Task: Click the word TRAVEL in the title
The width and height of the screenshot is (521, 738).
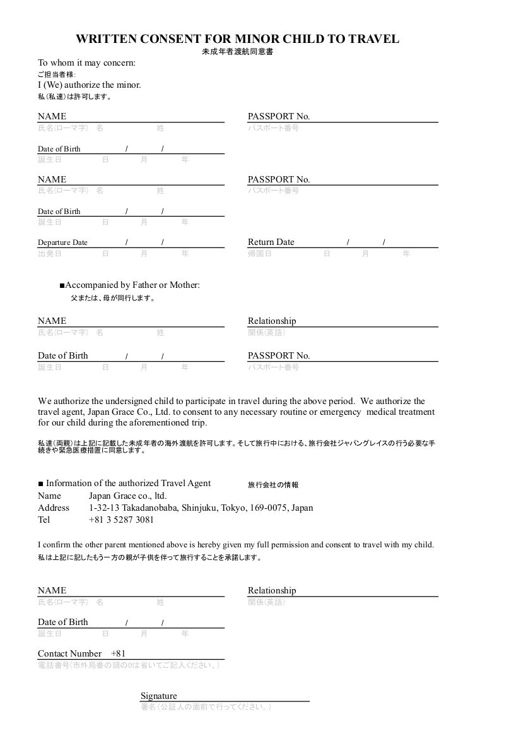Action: click(372, 39)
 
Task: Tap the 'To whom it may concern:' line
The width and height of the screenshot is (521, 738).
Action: click(86, 62)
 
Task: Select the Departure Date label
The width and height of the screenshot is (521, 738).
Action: click(62, 242)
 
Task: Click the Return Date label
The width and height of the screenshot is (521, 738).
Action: click(271, 242)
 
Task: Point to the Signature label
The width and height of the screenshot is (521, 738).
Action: click(158, 696)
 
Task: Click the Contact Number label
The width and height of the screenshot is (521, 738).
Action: click(69, 653)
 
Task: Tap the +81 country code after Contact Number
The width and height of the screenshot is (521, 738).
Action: click(118, 653)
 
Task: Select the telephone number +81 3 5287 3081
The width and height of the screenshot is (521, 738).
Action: click(121, 520)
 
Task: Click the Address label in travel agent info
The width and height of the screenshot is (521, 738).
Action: click(54, 508)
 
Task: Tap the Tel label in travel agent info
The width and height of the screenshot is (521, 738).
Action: click(44, 520)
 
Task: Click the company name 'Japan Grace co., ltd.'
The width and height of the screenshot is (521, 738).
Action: click(127, 496)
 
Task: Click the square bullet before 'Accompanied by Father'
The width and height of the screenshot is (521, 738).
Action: click(62, 286)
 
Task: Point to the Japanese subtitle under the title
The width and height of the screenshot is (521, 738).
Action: click(237, 52)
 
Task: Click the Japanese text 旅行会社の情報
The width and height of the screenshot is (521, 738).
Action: click(273, 485)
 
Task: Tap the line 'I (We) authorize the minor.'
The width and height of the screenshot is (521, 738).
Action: click(89, 85)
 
